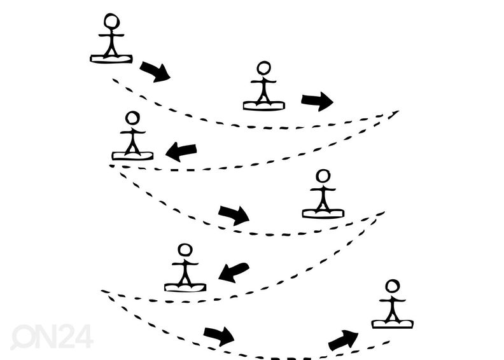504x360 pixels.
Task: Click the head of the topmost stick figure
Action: click(x=112, y=21)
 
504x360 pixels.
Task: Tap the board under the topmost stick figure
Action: click(x=111, y=59)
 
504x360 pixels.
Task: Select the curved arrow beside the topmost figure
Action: click(x=155, y=72)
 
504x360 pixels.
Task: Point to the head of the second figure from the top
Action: click(x=264, y=69)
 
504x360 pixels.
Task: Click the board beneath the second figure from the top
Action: click(x=264, y=106)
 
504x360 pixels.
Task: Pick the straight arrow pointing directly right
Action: click(x=317, y=102)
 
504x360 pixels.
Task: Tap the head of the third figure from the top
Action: click(x=132, y=118)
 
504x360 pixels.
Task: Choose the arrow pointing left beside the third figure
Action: click(x=181, y=151)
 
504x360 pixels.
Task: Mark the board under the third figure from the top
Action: click(x=132, y=156)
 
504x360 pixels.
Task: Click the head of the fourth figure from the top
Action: click(x=323, y=176)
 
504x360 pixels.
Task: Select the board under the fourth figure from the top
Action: click(x=323, y=214)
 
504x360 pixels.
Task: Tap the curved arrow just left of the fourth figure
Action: click(x=234, y=216)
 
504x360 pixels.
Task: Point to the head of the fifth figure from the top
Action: click(x=185, y=251)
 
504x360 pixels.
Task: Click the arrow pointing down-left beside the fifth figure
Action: click(x=234, y=273)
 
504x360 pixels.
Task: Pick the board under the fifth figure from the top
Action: click(x=185, y=287)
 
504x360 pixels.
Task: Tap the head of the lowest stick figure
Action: click(x=393, y=286)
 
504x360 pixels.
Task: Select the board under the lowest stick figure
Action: click(x=393, y=324)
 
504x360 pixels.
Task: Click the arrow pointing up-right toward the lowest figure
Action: click(x=343, y=340)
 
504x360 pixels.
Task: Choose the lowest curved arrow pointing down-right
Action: click(x=219, y=336)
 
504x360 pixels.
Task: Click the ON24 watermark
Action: click(x=52, y=336)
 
